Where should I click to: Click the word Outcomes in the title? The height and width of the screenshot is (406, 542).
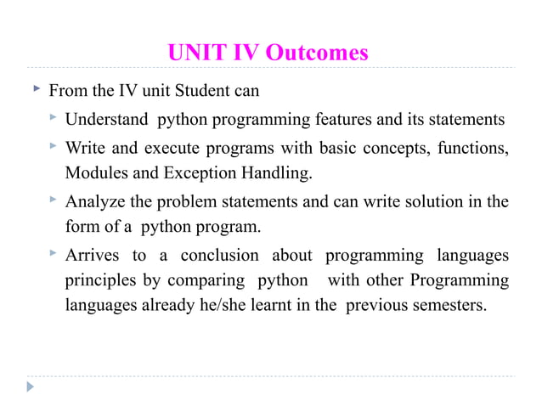coord(317,54)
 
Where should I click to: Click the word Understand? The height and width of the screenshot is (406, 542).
coord(106,119)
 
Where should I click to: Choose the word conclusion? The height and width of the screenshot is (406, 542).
coord(223,256)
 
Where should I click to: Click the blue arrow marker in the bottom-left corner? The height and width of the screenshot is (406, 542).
coord(31,386)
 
